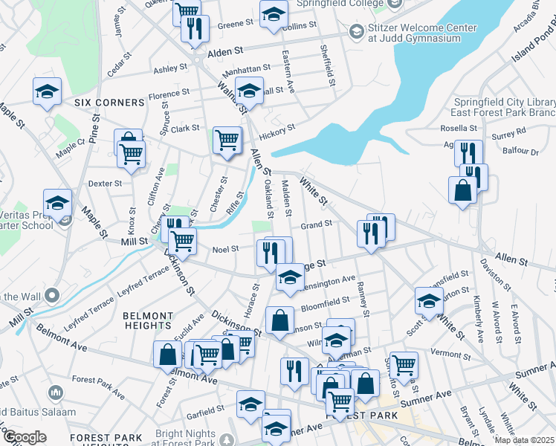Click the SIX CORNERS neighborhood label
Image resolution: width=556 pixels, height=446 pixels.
click(109, 103)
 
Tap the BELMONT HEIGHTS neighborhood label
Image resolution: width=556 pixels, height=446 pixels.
click(148, 320)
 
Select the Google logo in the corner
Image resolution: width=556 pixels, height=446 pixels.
click(24, 437)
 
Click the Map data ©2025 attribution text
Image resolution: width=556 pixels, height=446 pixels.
click(525, 440)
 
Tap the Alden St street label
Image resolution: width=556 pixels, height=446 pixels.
click(226, 53)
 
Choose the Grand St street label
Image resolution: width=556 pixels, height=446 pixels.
click(315, 224)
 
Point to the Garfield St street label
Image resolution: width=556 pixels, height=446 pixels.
click(205, 409)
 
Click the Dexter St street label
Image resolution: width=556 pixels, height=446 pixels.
click(104, 183)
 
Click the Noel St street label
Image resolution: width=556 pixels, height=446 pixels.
click(225, 250)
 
